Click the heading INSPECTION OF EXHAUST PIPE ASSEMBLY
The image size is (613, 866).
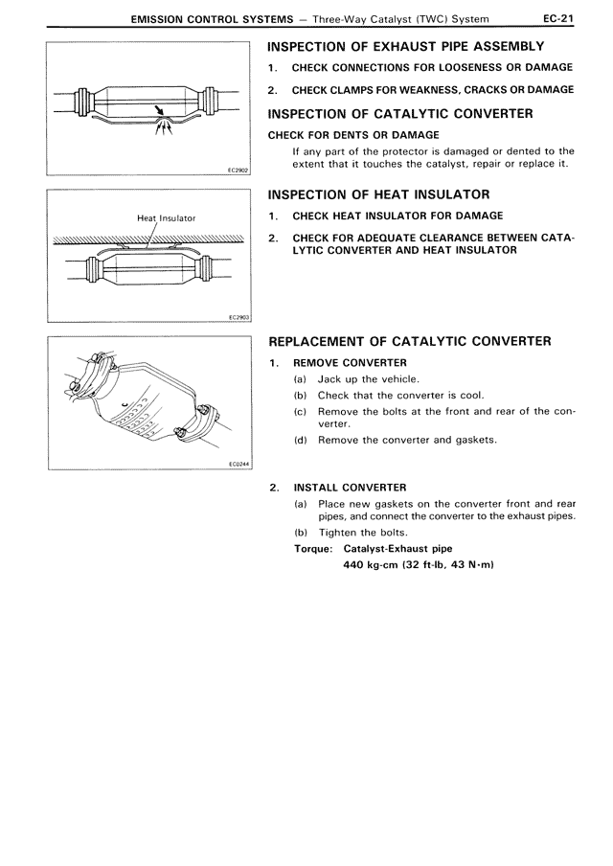tap(407, 46)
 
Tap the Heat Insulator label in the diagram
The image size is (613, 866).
tap(166, 218)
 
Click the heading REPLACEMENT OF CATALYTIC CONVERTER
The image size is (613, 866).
tap(410, 341)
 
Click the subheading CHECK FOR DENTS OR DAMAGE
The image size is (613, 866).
tap(353, 135)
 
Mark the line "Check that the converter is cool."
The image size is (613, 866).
tap(400, 395)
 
